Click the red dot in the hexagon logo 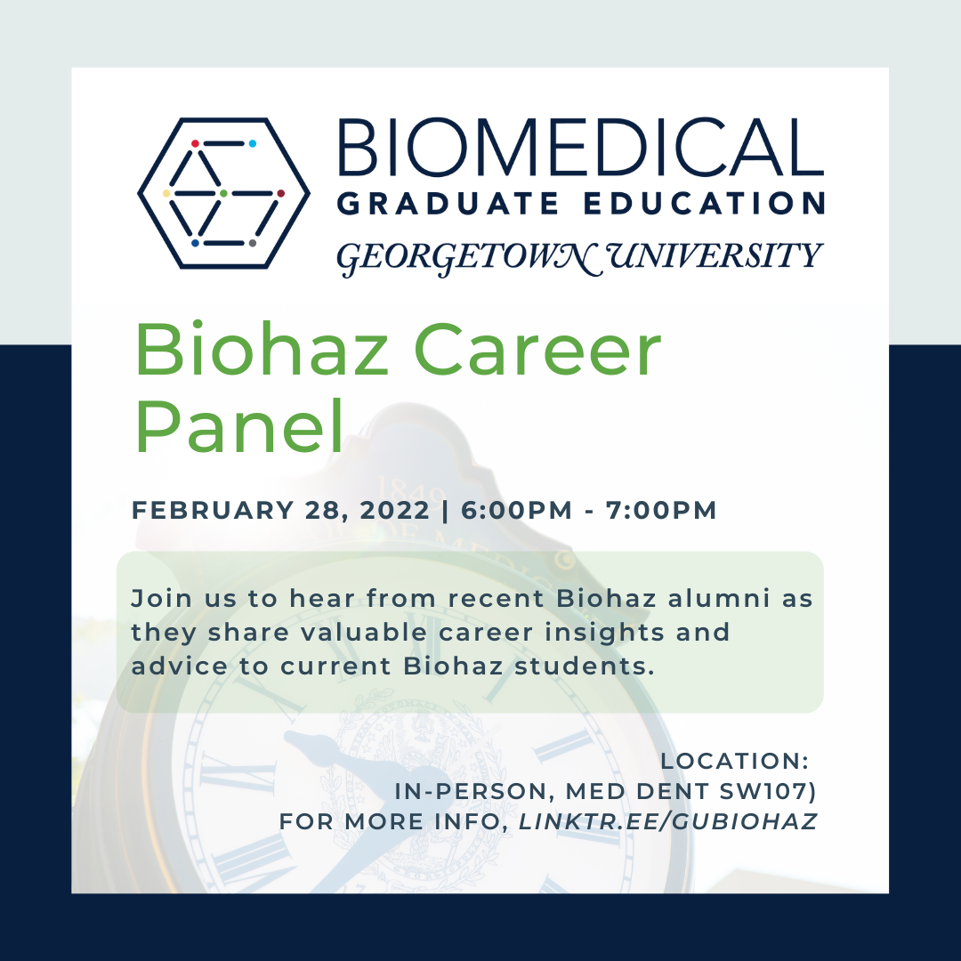coord(195,143)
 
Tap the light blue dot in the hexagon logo coord(252,143)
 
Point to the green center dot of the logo coord(223,194)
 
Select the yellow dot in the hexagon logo coord(166,194)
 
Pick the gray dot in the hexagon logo coord(252,243)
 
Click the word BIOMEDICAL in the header coord(580,147)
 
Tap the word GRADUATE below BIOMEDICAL coord(448,204)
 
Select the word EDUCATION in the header coord(704,204)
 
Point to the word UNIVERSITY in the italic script coord(714,255)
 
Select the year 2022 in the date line coord(395,510)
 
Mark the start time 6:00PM coord(516,510)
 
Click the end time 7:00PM coord(661,510)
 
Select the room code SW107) coord(768,792)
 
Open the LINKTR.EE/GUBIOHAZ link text coord(668,821)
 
